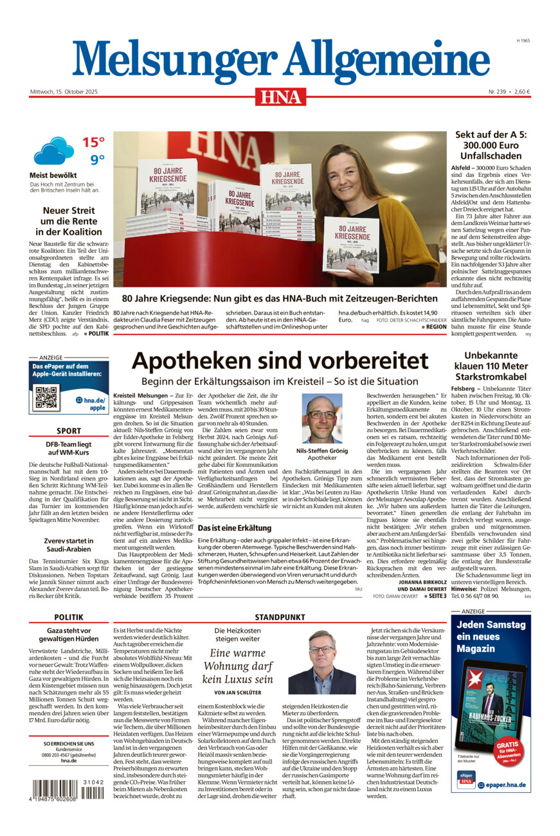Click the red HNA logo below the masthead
pyautogui.click(x=280, y=96)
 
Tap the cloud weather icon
pyautogui.click(x=53, y=151)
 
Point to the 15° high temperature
pyautogui.click(x=93, y=142)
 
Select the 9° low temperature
pyautogui.click(x=96, y=160)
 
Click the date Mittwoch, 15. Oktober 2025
pyautogui.click(x=62, y=91)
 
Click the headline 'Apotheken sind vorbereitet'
pyautogui.click(x=280, y=361)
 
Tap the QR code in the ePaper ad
pyautogui.click(x=46, y=399)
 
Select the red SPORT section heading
pyautogui.click(x=68, y=431)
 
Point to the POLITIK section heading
pyautogui.click(x=68, y=617)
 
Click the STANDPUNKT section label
pyautogui.click(x=280, y=617)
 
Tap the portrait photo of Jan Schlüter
pyautogui.click(x=321, y=662)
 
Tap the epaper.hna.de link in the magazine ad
pyautogui.click(x=503, y=785)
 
